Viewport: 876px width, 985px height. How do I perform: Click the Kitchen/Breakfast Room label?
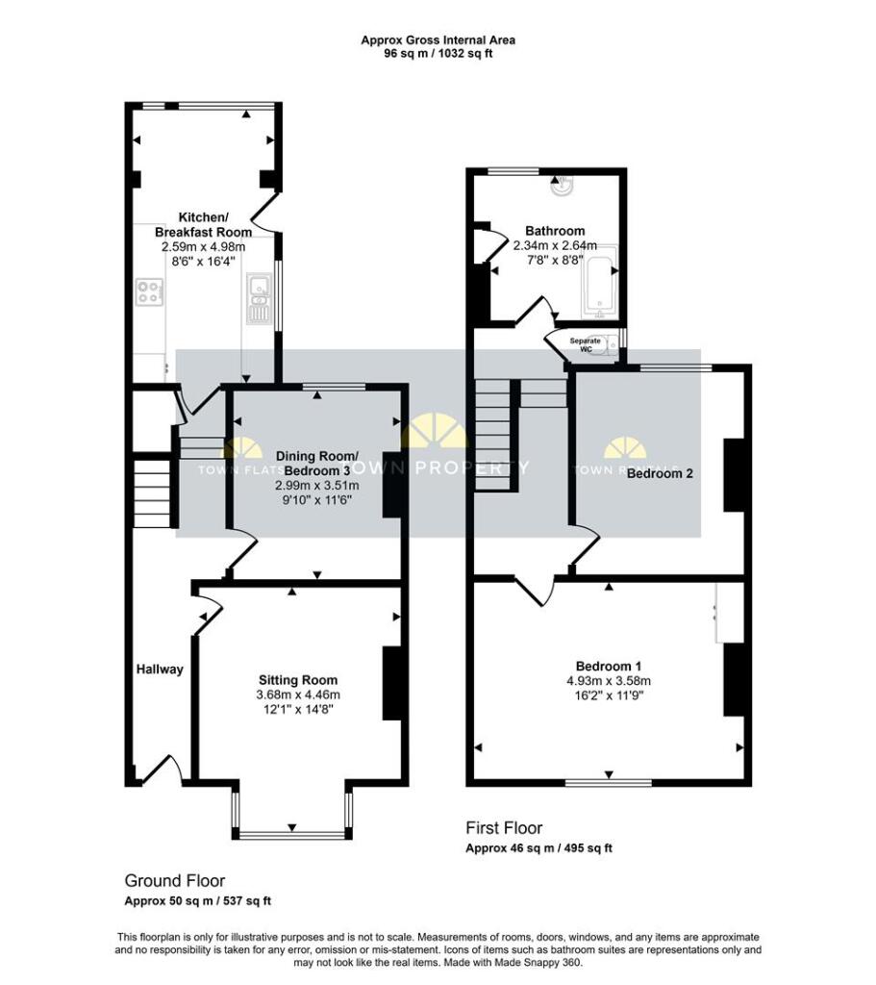[x=203, y=224]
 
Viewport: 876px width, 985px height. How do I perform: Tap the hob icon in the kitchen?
[x=150, y=291]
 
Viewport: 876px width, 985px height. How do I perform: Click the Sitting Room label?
[x=298, y=677]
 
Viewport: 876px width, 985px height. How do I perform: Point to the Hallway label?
[x=159, y=669]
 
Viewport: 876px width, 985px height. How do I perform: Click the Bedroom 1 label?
[x=609, y=667]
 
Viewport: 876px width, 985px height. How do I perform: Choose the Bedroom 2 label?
[x=660, y=473]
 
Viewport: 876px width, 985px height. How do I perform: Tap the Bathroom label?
[x=555, y=231]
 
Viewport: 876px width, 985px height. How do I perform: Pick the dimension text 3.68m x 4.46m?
[x=298, y=695]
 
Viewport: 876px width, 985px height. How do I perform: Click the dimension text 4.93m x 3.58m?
[x=609, y=682]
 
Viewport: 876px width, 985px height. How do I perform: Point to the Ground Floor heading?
[x=175, y=880]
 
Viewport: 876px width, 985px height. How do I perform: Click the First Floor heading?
[x=504, y=827]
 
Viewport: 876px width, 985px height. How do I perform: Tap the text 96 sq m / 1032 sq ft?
[x=438, y=54]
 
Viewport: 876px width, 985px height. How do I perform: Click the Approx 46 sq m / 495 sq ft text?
[x=538, y=848]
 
